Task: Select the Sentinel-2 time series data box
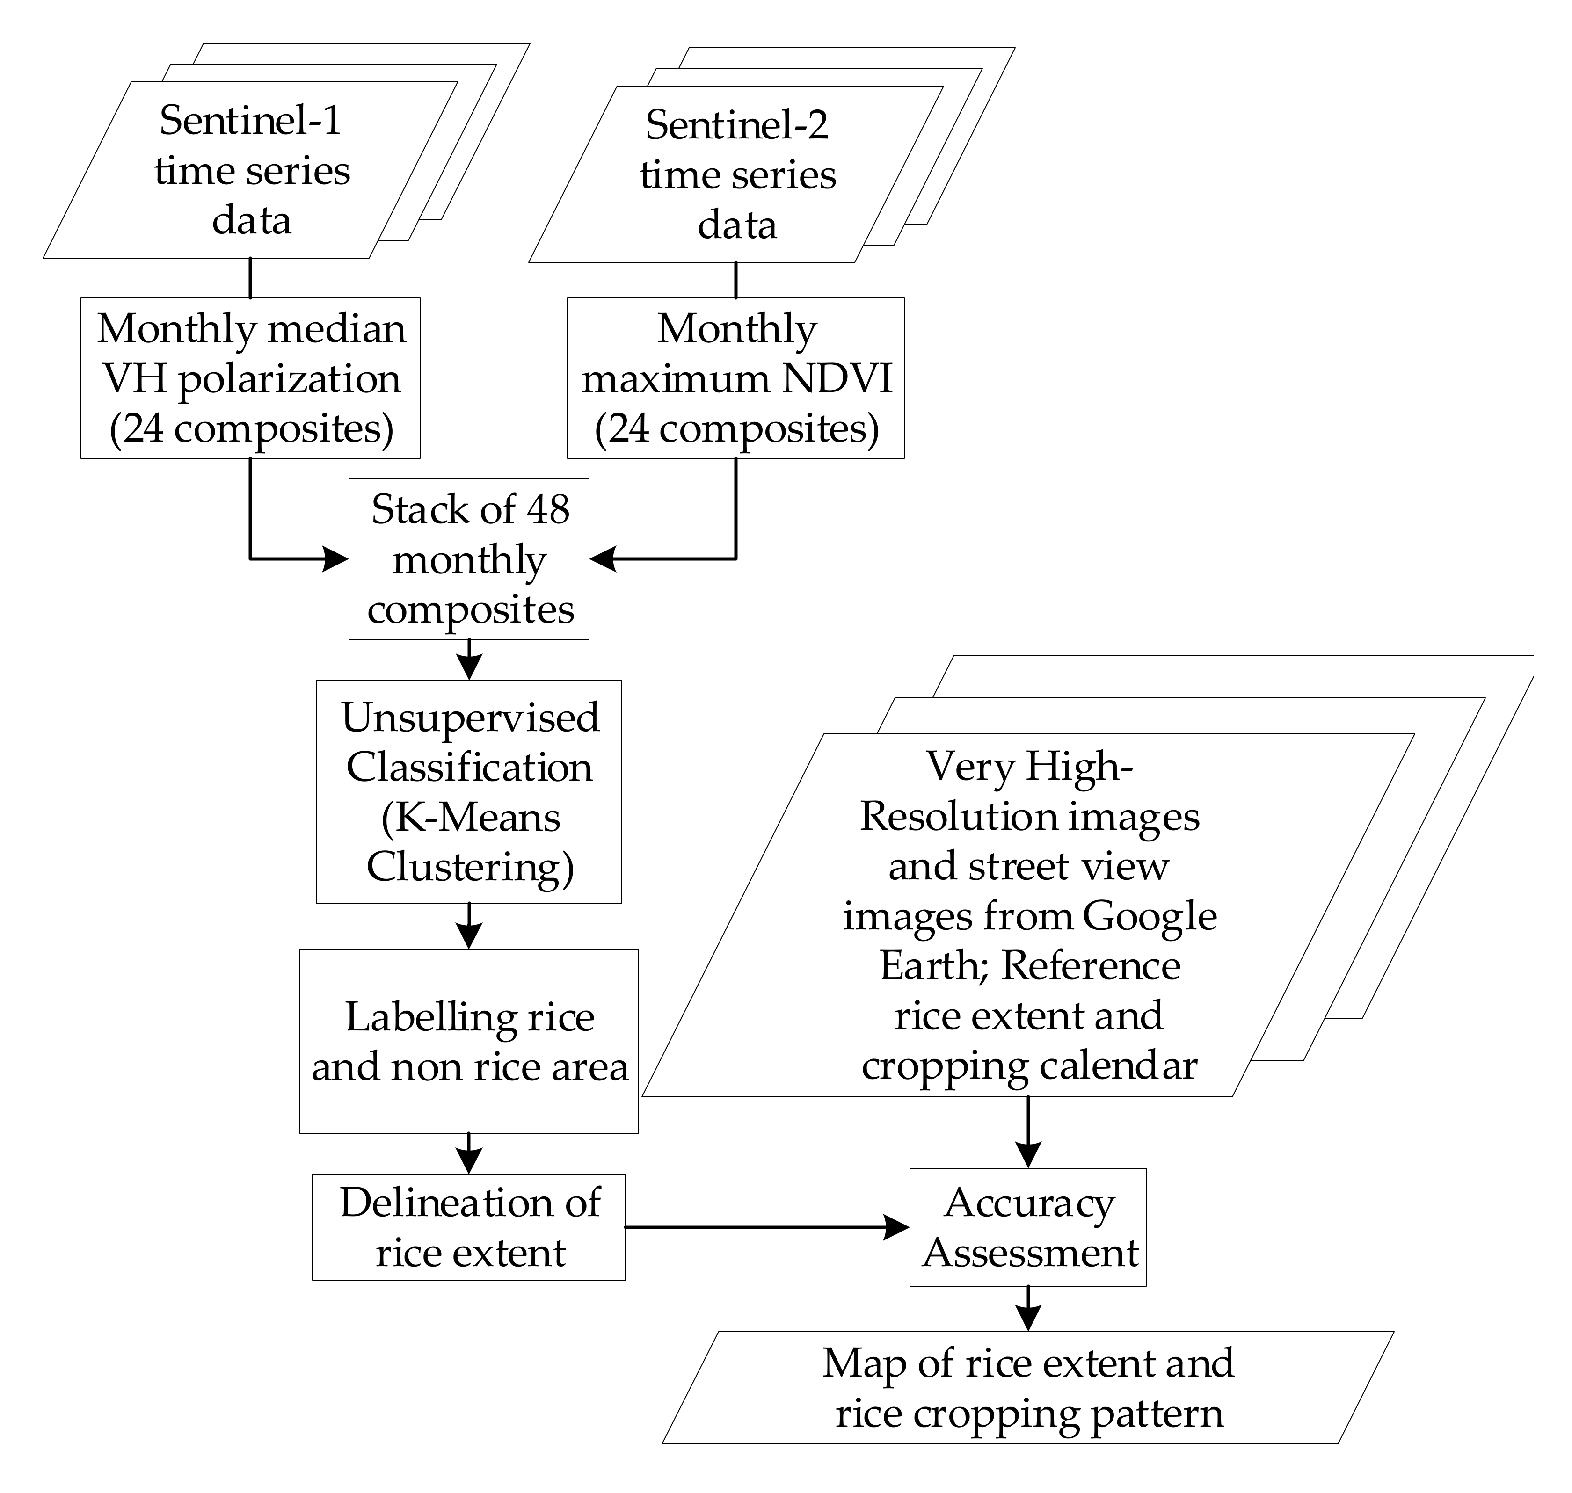click(736, 174)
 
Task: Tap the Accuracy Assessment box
click(1028, 1227)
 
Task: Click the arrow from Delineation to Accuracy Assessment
click(764, 1227)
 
